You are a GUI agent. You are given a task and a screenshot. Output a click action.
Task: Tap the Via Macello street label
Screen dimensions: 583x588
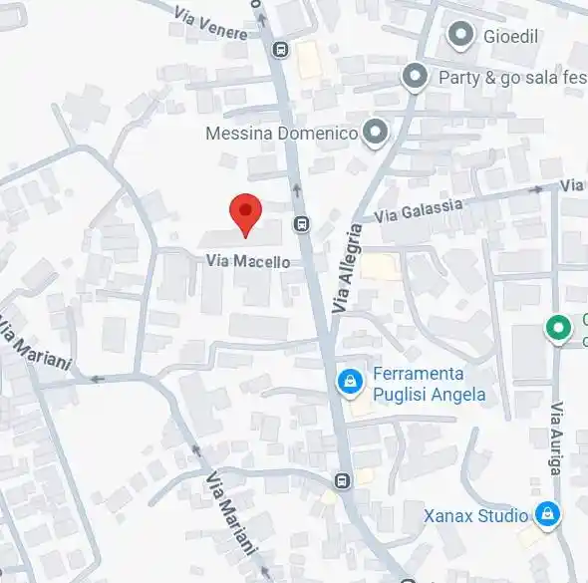coord(248,261)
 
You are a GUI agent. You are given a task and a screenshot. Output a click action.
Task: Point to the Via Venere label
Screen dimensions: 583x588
coord(209,22)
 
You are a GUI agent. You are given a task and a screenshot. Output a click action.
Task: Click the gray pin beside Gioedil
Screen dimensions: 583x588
coord(460,37)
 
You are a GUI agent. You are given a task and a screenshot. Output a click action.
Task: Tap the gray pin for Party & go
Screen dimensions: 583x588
coord(415,76)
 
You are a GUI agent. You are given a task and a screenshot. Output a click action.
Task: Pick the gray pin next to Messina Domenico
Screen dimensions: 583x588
coord(375,133)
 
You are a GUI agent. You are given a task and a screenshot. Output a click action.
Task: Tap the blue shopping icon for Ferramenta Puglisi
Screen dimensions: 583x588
coord(349,381)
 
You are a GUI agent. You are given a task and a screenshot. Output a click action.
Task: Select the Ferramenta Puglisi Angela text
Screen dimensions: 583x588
coord(429,385)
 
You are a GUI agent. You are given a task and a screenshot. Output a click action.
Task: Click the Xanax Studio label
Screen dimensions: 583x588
coord(475,516)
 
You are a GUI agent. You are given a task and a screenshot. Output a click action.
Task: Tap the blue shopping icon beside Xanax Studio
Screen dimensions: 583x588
coord(546,515)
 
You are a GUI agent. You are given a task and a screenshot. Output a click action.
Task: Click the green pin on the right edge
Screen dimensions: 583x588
coord(560,328)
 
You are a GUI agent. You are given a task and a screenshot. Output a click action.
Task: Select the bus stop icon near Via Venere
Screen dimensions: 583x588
coord(281,49)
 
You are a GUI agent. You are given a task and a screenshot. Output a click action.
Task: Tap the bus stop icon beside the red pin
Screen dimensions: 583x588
coord(301,224)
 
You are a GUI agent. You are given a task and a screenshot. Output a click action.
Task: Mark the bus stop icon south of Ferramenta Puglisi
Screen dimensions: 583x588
coord(343,481)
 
